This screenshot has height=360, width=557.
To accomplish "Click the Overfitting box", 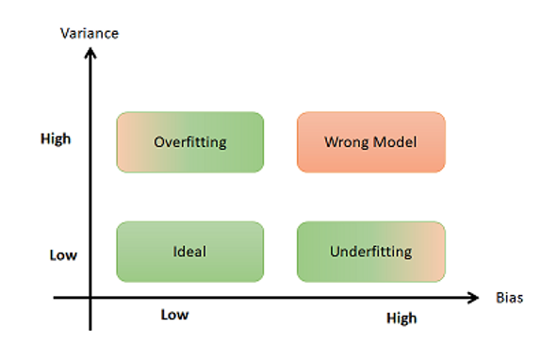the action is [190, 142].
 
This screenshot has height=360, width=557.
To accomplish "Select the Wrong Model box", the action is [371, 142].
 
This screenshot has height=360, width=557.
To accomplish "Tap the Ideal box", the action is [190, 252].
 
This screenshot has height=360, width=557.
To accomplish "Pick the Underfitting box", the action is [371, 252].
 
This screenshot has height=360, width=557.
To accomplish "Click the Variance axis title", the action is [90, 33].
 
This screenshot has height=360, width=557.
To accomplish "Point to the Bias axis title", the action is [509, 298].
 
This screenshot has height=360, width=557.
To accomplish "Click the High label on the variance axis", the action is [56, 139].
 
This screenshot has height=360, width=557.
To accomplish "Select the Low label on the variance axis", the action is [63, 255].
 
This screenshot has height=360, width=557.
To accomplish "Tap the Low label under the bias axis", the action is [174, 315].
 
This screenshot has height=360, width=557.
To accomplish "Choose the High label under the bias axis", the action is [401, 319].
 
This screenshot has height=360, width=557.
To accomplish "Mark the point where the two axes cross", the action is [90, 298].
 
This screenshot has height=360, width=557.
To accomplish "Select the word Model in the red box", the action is [396, 142].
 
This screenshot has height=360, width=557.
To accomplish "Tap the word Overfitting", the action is [190, 142].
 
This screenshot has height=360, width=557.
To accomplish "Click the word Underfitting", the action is [371, 252].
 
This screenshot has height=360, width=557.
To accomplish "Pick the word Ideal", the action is [189, 252].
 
